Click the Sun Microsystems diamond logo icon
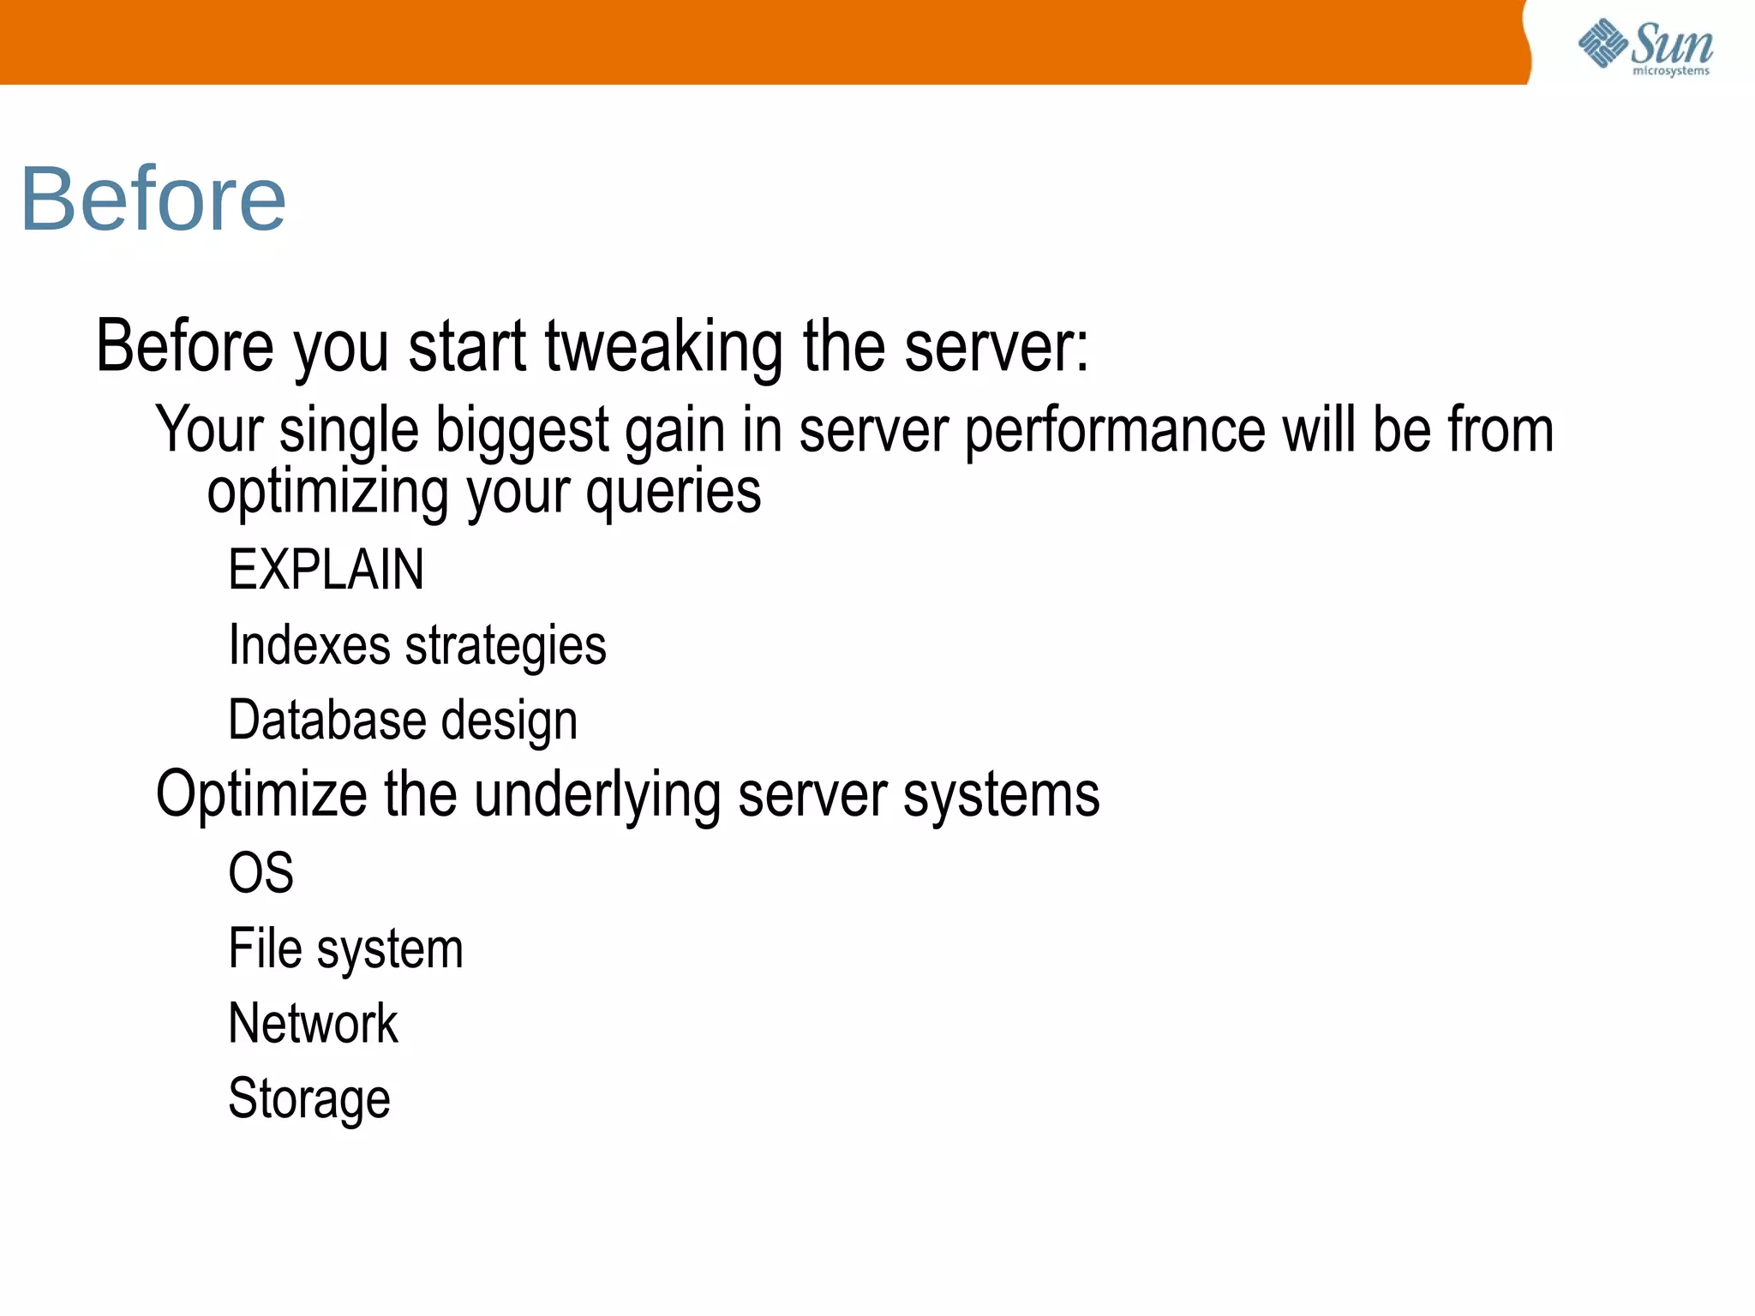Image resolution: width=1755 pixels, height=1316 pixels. click(1602, 42)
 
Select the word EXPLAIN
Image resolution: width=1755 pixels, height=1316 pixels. click(326, 570)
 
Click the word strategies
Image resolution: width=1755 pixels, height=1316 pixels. click(506, 646)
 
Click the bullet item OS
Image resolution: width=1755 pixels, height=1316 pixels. click(261, 873)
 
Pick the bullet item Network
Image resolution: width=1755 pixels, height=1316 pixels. click(313, 1023)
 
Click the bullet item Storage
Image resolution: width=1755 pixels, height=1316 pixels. click(308, 1099)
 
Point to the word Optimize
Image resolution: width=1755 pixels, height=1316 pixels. click(262, 795)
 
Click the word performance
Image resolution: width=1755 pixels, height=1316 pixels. click(1115, 430)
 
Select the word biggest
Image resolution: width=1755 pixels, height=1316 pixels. click(522, 430)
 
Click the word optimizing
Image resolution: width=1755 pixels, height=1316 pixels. click(328, 493)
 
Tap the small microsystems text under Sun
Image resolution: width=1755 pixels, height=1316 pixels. click(1670, 71)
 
